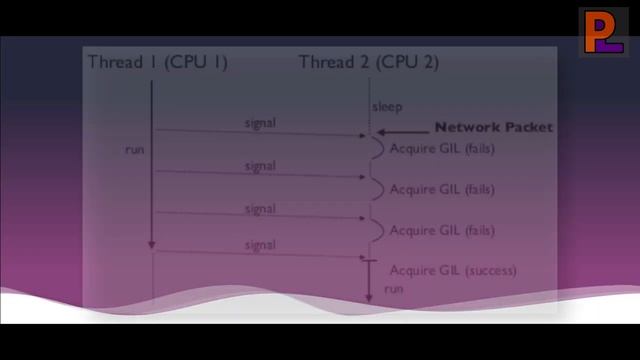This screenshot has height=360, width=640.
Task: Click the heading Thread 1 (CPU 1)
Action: click(158, 62)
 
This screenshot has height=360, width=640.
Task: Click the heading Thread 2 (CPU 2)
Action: click(368, 62)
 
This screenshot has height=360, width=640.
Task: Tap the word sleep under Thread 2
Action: click(387, 107)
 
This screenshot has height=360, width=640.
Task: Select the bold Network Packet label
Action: click(493, 128)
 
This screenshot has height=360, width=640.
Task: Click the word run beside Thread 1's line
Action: click(135, 149)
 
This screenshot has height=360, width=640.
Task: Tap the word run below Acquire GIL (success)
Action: click(393, 288)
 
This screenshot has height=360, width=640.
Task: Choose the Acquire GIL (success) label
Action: click(452, 270)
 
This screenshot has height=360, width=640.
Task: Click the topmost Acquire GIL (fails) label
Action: click(441, 149)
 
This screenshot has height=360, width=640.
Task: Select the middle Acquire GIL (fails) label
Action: click(441, 189)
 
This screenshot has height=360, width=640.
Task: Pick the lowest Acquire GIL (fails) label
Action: click(441, 231)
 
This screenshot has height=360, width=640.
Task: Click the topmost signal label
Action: click(260, 123)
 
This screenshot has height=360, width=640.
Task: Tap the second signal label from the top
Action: click(260, 166)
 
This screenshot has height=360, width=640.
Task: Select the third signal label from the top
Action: click(260, 209)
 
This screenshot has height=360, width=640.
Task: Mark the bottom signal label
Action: click(260, 245)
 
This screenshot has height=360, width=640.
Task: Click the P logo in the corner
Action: click(603, 32)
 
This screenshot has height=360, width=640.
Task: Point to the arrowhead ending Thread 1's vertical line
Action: click(152, 245)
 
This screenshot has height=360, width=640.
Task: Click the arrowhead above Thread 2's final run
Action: click(368, 296)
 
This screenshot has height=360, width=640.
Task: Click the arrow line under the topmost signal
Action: click(260, 132)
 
